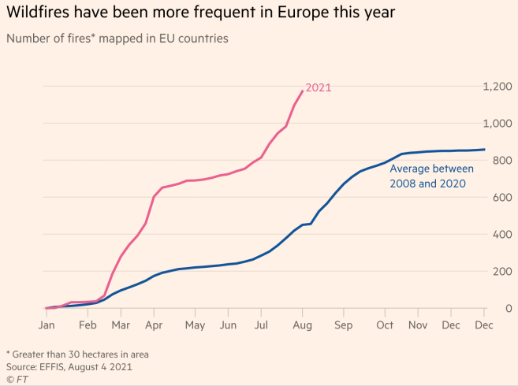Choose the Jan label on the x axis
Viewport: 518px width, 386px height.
pos(47,325)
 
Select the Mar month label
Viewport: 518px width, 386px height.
pos(121,325)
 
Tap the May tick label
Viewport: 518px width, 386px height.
pos(195,325)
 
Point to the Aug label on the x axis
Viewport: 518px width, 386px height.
pos(303,325)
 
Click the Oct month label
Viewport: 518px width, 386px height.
pos(386,325)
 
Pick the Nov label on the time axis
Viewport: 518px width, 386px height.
pos(418,325)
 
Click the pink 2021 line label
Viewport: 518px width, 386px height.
pos(318,87)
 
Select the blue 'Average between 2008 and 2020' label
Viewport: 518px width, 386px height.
pos(431,176)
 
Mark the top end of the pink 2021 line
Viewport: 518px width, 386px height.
pos(302,91)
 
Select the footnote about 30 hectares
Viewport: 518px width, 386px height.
pos(77,354)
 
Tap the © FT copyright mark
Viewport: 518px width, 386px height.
pos(16,379)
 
